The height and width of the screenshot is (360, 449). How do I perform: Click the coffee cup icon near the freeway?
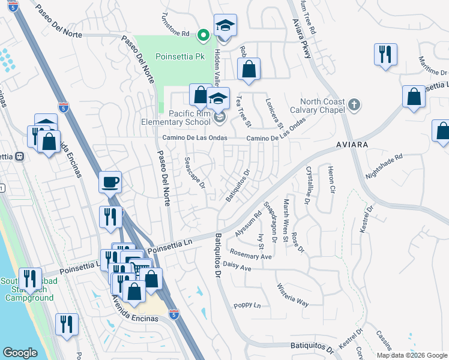110,181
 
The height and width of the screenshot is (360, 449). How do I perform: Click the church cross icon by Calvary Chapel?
355,106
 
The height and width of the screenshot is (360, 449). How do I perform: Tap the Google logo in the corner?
20,353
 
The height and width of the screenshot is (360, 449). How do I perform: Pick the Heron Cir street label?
330,181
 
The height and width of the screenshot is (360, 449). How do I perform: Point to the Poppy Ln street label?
248,305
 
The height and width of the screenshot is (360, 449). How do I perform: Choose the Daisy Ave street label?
237,267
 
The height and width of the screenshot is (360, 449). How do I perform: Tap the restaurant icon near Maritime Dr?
385,55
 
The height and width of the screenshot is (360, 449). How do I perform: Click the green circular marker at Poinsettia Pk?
203,35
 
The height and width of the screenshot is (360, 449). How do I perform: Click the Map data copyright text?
412,355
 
